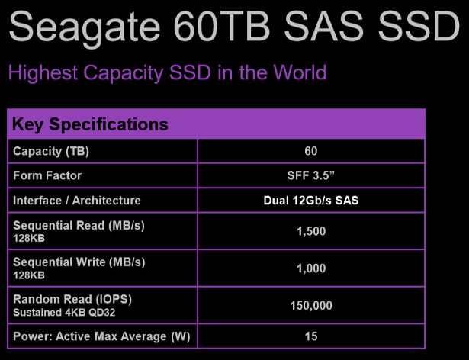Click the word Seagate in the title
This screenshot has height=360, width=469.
coord(85,28)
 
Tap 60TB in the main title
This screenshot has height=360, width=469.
coord(222,26)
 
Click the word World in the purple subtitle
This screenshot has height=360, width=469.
coord(300,72)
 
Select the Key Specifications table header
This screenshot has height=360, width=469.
coord(90,124)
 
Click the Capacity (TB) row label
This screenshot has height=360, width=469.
coord(51,152)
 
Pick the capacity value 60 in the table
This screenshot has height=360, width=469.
coord(311,151)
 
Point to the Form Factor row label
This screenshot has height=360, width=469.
coord(47,175)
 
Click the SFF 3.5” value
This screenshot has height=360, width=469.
coord(311,175)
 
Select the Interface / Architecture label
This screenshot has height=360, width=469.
coord(77,201)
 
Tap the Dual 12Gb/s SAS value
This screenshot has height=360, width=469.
coord(311,201)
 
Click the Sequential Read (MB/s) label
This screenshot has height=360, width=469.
coord(79,226)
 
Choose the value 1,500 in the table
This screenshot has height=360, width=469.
coord(311,231)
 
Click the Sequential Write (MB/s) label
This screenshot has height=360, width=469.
coord(79,262)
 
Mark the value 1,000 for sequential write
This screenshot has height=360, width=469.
coord(311,268)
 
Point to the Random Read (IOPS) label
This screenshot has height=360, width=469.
coord(72,299)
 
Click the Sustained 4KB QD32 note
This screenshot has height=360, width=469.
coord(64,313)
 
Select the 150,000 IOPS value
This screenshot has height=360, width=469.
coord(311,306)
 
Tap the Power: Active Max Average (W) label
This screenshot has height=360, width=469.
coord(101,336)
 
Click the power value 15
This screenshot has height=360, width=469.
coord(311,336)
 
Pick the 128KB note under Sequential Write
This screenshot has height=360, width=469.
coord(29,275)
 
